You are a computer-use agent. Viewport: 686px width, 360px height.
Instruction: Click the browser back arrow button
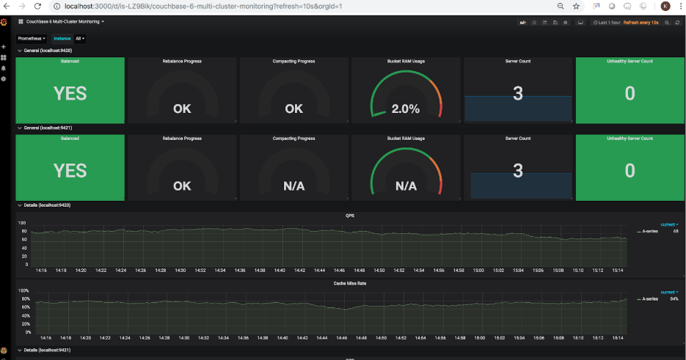tap(9, 6)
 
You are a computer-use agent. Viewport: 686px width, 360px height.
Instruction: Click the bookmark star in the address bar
tap(576, 6)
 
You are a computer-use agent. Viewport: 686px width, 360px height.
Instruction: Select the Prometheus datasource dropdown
tap(32, 38)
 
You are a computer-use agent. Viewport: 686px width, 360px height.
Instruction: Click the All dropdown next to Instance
tap(80, 38)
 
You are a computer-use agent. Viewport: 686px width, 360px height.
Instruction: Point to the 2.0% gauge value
tap(405, 109)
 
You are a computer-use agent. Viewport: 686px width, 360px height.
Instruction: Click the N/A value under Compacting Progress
tap(293, 186)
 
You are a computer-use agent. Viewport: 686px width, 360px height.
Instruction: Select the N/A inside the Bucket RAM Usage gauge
tap(405, 186)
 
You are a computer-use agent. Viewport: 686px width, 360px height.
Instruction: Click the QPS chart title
tap(350, 216)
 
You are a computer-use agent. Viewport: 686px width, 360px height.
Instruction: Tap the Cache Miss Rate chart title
tap(349, 283)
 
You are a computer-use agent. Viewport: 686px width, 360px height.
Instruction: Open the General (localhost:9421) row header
tap(47, 128)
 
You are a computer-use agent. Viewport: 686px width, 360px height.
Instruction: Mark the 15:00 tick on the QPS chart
tap(478, 270)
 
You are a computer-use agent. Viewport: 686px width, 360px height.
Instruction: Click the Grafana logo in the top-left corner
tap(4, 22)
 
